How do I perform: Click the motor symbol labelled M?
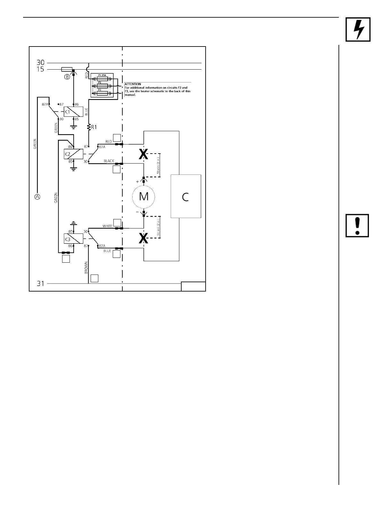pos(143,196)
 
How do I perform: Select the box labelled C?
pos(186,196)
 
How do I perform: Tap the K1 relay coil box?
pos(73,112)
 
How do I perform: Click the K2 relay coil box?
pos(73,154)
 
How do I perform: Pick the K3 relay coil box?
pos(73,239)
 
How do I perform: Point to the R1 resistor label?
pos(94,127)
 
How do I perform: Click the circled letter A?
pos(37,197)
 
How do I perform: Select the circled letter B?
pos(67,77)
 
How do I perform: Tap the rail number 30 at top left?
pos(40,63)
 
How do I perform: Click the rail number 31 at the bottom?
pos(40,284)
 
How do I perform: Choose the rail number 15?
pos(40,69)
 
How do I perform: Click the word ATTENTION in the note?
pos(133,84)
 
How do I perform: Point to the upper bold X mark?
pos(143,155)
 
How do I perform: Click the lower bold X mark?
pos(143,238)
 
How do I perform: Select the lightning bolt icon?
pos(358,29)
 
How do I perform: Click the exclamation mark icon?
pos(357,225)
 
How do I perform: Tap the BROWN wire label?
pos(86,267)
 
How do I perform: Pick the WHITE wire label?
pos(108,226)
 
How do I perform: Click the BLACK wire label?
pos(109,161)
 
